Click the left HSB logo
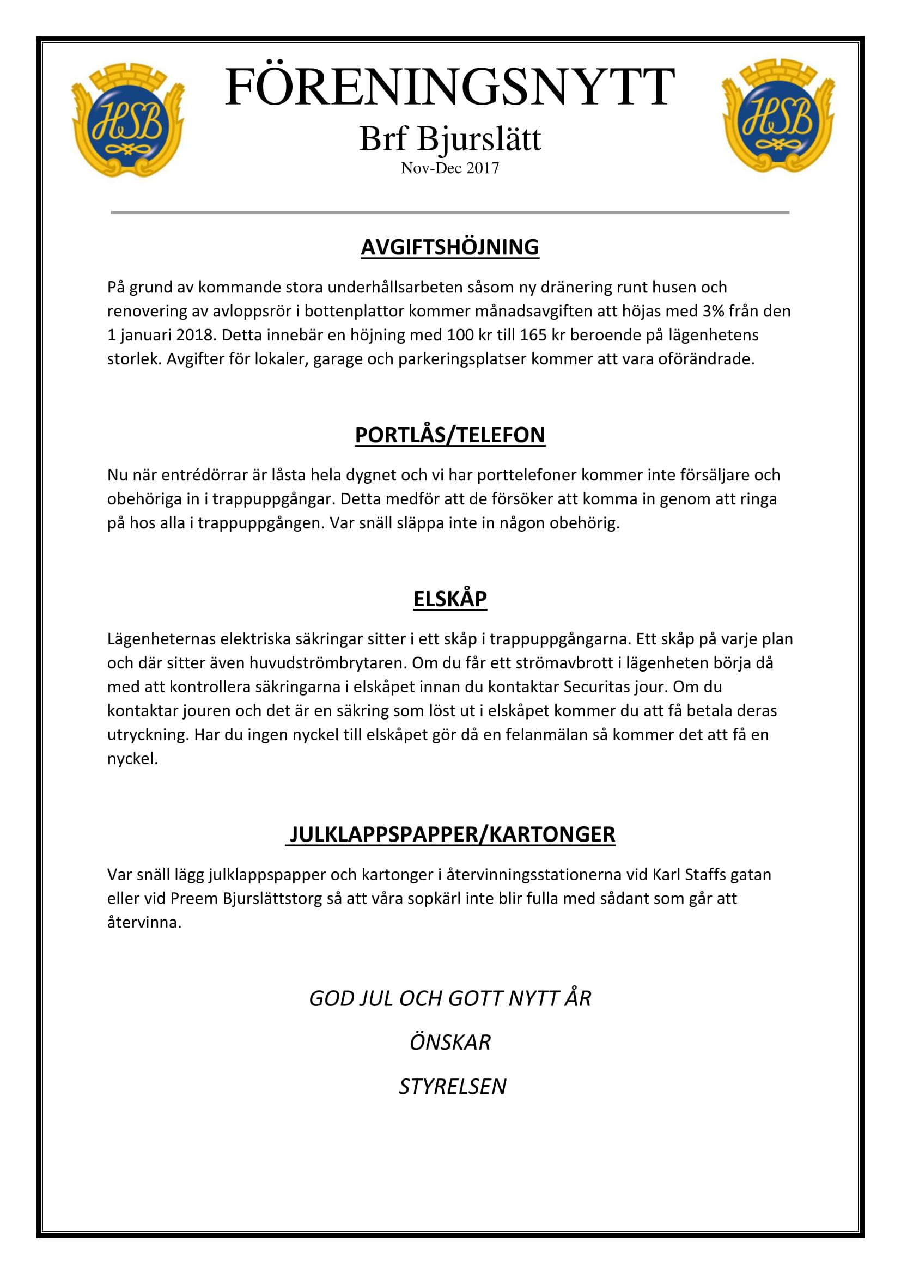127,120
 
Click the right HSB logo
778,116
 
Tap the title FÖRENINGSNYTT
450,87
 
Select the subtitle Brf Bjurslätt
450,138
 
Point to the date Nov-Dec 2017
450,168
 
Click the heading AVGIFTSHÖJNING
450,247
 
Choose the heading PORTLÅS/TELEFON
450,435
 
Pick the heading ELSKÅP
450,599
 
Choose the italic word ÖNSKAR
450,1043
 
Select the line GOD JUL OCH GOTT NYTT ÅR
450,998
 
